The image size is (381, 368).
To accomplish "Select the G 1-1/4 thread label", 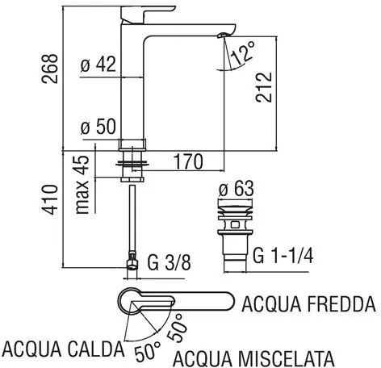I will pyautogui.click(x=283, y=257).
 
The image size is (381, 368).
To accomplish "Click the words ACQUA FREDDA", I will pyautogui.click(x=309, y=305).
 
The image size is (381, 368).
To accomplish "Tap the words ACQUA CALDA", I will pyautogui.click(x=63, y=349).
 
